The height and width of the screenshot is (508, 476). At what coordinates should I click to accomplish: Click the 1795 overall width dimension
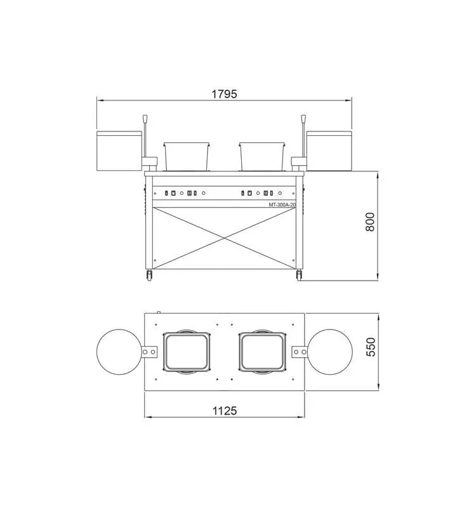click(x=224, y=94)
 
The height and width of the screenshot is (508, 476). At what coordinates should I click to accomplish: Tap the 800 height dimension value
click(x=370, y=222)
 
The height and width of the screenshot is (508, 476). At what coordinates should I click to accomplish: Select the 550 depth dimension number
click(x=371, y=347)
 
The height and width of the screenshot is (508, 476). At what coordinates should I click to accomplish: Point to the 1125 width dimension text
click(x=225, y=411)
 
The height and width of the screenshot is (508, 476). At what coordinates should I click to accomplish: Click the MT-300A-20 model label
click(x=282, y=204)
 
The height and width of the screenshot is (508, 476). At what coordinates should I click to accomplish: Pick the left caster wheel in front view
click(x=149, y=275)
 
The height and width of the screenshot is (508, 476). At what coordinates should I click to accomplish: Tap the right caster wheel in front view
click(x=299, y=275)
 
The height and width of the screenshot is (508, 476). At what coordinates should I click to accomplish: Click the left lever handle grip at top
click(x=145, y=119)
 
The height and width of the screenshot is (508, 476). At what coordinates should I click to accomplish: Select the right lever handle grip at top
click(x=303, y=119)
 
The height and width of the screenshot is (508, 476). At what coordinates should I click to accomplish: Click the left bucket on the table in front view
click(x=187, y=156)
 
